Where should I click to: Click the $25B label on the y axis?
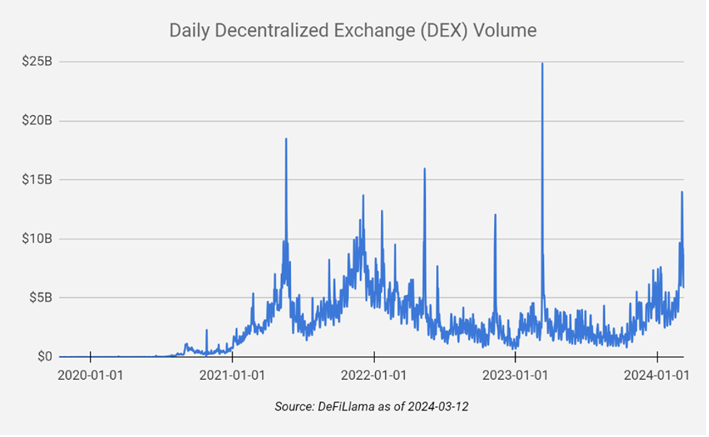click(x=37, y=61)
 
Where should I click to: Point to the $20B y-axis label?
click(x=37, y=120)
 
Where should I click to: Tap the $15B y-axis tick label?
click(x=37, y=179)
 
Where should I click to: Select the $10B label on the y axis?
click(x=37, y=239)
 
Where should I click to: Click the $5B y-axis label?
click(x=40, y=297)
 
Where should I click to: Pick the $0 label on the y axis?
click(x=45, y=357)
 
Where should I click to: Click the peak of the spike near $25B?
click(x=542, y=64)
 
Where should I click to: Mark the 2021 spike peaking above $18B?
click(x=286, y=139)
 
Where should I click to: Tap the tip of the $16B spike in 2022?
click(x=424, y=169)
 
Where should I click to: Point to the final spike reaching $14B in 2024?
click(x=681, y=192)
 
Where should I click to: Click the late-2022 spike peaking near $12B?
click(x=495, y=215)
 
